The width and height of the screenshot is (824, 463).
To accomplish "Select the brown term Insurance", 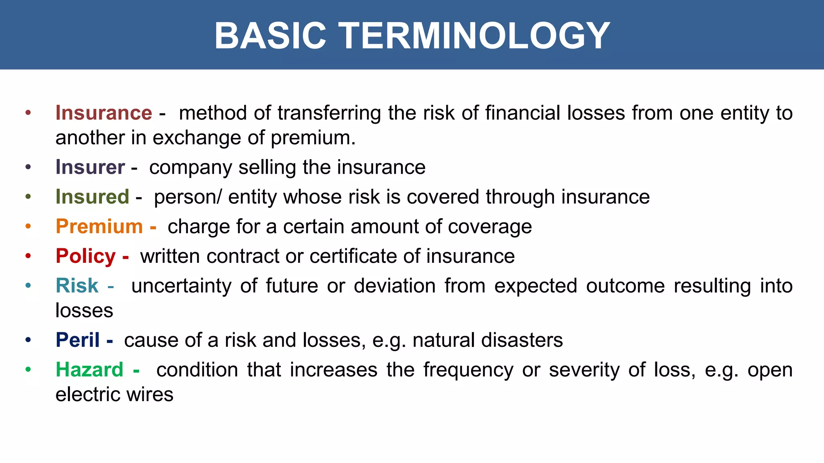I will pos(104,113).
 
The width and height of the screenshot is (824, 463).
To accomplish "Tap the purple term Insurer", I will pos(90,167).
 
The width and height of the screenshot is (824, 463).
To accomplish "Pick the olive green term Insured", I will pos(93,197).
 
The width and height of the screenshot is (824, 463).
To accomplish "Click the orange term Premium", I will pos(99,226).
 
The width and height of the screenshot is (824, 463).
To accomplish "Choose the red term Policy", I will pos(86,256).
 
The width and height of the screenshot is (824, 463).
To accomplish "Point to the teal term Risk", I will pos(77,286).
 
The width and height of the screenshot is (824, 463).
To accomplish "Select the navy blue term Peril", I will pos(78,340).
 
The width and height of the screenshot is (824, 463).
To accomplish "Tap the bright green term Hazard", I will pos(89,369).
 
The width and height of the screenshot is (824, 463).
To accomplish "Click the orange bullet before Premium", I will pos(28,226).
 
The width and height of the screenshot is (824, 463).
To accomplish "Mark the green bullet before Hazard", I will pos(28,369).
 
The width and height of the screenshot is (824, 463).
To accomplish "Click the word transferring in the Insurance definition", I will pos(329,113).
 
